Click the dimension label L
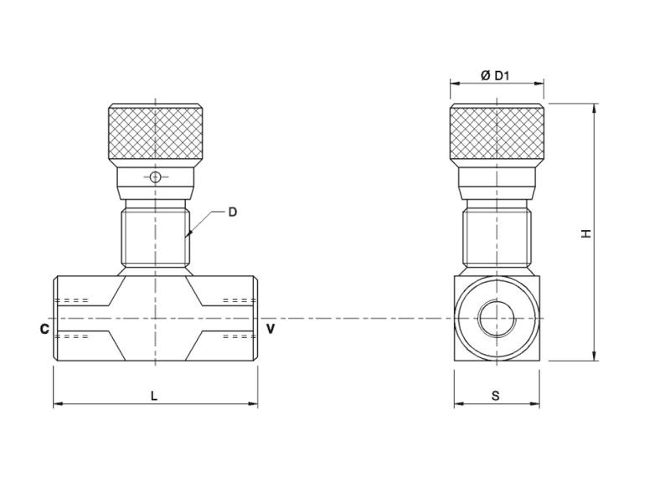154,396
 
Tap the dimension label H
586,233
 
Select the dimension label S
496,396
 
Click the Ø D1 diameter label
496,76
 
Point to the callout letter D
233,212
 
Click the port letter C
44,329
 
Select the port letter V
271,329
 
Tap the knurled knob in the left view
155,133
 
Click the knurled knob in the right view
497,133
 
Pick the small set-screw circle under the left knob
155,177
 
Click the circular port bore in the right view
497,319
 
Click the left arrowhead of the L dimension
56,405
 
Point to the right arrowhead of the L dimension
255,405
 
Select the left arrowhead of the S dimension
457,405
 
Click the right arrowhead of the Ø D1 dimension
542,84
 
